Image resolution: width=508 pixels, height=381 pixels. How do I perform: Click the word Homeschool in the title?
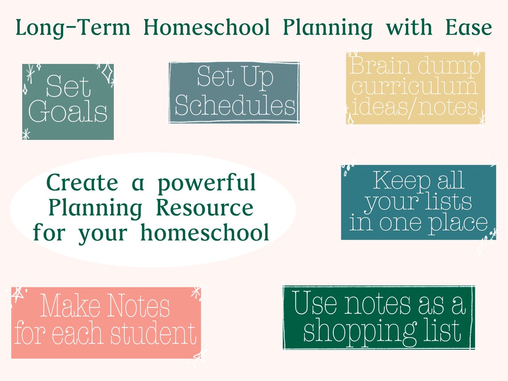[207, 28]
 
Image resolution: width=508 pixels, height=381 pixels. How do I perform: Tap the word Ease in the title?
[468, 28]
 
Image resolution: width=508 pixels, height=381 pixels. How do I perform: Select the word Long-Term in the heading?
[73, 28]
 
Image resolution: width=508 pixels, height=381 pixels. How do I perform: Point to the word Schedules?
[235, 106]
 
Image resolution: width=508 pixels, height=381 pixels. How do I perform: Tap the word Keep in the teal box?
[396, 181]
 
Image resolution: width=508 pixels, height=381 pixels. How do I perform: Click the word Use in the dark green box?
[315, 304]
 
